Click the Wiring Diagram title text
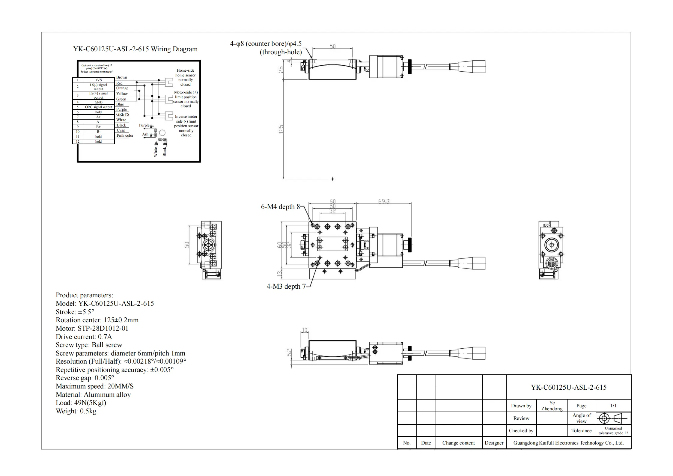(x=135, y=49)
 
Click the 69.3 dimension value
(x=384, y=201)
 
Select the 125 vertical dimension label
(x=281, y=129)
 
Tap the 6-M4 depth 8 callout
(x=280, y=207)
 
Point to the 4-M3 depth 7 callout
(x=286, y=287)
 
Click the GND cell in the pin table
(x=98, y=102)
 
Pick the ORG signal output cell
(x=98, y=107)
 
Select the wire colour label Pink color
(x=125, y=135)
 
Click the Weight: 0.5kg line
(x=76, y=411)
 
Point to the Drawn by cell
(x=521, y=406)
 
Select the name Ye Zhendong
(x=552, y=406)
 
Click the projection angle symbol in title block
(x=613, y=418)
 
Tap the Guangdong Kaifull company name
(x=568, y=443)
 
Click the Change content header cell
(x=458, y=443)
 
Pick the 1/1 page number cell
(x=613, y=406)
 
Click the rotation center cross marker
(x=332, y=179)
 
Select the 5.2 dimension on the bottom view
(x=289, y=353)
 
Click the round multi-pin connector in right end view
(x=552, y=263)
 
